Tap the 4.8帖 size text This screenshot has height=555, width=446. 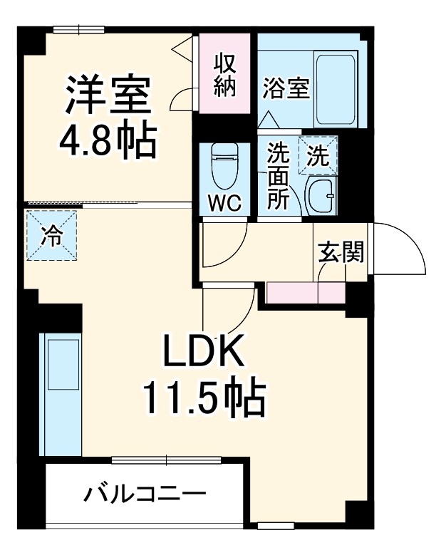click(107, 142)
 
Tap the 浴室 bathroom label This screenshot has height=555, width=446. click(286, 89)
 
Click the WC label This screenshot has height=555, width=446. click(224, 203)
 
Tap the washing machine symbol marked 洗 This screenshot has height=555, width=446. click(318, 155)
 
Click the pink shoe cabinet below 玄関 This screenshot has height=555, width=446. click(306, 293)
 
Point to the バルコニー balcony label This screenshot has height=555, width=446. click(145, 493)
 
